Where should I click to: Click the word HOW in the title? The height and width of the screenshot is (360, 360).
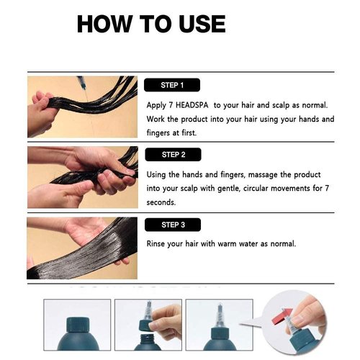click(104, 24)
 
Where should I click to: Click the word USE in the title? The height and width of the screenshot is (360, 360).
click(202, 24)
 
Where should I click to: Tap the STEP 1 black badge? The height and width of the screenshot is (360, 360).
click(172, 85)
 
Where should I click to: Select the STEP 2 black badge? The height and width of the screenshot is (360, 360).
click(173, 155)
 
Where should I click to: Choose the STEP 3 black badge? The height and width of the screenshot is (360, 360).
click(173, 225)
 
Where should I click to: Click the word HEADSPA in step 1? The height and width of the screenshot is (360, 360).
click(192, 105)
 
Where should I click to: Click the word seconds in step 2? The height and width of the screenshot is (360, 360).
click(161, 202)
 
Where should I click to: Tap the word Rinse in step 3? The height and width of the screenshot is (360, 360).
click(156, 244)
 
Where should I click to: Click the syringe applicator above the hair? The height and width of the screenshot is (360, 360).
click(81, 83)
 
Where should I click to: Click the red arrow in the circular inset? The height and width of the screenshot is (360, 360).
click(282, 317)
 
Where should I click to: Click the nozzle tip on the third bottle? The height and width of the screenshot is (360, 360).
click(219, 306)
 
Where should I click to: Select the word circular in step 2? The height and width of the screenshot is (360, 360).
click(256, 189)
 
